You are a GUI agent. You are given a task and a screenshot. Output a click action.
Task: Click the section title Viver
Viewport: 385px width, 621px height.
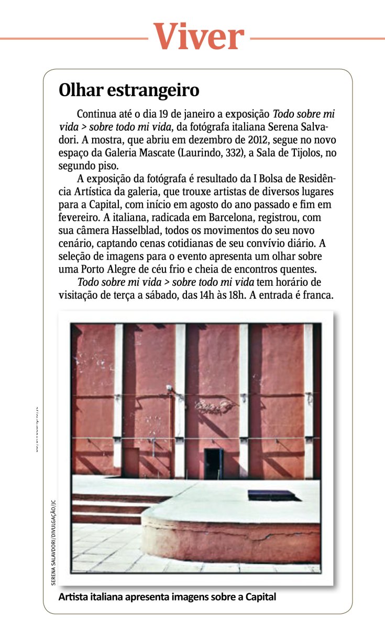[x=199, y=37]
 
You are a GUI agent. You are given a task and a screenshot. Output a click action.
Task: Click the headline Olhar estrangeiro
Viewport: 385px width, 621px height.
[x=129, y=90]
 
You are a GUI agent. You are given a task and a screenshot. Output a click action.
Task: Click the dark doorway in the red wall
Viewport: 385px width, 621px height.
[x=213, y=463]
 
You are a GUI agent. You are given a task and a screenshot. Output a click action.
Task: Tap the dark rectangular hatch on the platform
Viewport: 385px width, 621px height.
[x=271, y=495]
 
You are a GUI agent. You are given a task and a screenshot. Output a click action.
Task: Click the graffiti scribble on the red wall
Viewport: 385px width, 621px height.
[x=214, y=405]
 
